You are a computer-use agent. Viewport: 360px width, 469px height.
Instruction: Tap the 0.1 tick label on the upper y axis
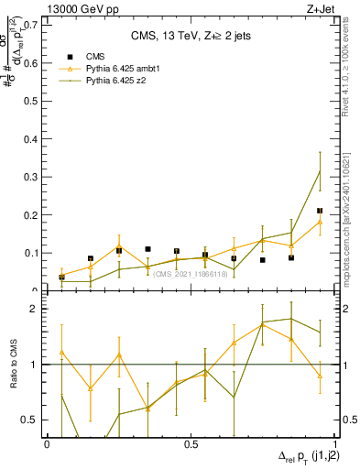[x=32, y=253]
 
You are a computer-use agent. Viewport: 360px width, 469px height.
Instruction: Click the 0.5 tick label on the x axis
[x=191, y=443]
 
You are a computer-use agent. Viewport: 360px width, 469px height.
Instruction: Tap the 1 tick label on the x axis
[x=334, y=443]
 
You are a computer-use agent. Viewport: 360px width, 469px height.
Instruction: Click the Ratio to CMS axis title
[x=14, y=366]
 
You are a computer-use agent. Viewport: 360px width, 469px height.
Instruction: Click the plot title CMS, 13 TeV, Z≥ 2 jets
[x=190, y=37]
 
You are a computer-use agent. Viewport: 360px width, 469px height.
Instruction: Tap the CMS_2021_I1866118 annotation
[x=190, y=274]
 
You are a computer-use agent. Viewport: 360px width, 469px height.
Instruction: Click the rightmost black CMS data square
[x=320, y=211]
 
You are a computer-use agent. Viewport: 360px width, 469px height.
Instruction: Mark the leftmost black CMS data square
[x=61, y=277]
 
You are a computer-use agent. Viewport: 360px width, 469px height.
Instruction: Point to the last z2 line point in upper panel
[x=320, y=170]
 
